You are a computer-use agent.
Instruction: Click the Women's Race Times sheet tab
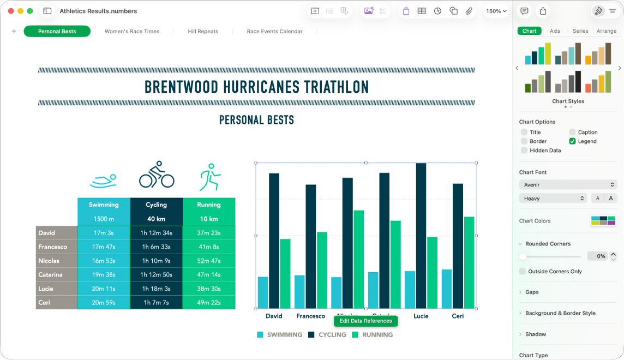pyautogui.click(x=132, y=32)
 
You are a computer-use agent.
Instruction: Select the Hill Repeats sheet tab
pyautogui.click(x=203, y=32)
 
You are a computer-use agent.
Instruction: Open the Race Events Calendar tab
pyautogui.click(x=274, y=32)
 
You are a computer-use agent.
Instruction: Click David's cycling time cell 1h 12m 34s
pyautogui.click(x=157, y=233)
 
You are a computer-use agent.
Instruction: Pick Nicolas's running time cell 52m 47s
pyautogui.click(x=209, y=261)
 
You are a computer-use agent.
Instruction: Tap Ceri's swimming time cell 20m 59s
pyautogui.click(x=104, y=302)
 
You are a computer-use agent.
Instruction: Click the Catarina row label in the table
pyautogui.click(x=51, y=274)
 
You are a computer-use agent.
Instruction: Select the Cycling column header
pyautogui.click(x=157, y=205)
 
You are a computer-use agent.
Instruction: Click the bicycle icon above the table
pyautogui.click(x=157, y=175)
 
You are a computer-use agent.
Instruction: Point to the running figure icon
pyautogui.click(x=209, y=177)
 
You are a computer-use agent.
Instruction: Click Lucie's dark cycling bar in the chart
pyautogui.click(x=421, y=235)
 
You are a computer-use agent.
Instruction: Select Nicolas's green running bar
pyautogui.click(x=358, y=259)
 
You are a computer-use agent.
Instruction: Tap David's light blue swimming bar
pyautogui.click(x=263, y=292)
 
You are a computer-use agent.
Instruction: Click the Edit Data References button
pyautogui.click(x=365, y=321)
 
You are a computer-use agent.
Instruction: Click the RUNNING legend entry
pyautogui.click(x=377, y=335)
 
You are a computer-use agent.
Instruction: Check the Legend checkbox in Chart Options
pyautogui.click(x=572, y=141)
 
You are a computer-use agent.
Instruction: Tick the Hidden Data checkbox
pyautogui.click(x=524, y=151)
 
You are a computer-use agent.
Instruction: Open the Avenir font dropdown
pyautogui.click(x=568, y=185)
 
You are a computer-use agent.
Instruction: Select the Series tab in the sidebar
pyautogui.click(x=580, y=31)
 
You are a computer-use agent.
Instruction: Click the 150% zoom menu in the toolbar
pyautogui.click(x=496, y=11)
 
